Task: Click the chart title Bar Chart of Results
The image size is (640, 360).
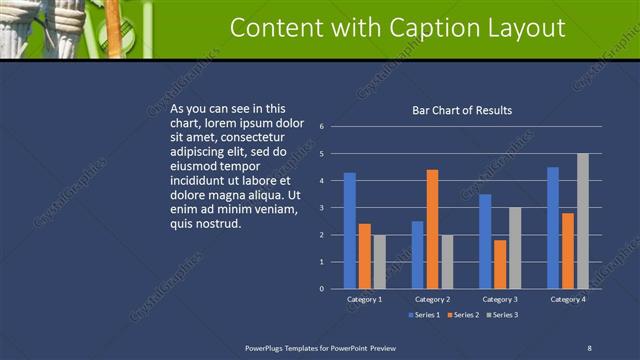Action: pyautogui.click(x=462, y=110)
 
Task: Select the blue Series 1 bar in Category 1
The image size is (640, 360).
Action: pyautogui.click(x=350, y=231)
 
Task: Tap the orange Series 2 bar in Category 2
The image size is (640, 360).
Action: pyautogui.click(x=432, y=229)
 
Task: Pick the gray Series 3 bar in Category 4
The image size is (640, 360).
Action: pyautogui.click(x=582, y=221)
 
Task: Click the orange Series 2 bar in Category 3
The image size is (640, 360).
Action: pyautogui.click(x=500, y=264)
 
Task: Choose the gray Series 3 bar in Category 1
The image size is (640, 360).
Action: pyautogui.click(x=380, y=262)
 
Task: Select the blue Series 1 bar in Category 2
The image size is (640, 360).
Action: pyautogui.click(x=417, y=255)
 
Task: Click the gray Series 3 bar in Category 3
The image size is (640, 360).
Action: pyautogui.click(x=515, y=248)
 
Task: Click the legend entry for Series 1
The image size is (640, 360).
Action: pyautogui.click(x=425, y=315)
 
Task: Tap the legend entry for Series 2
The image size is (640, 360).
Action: pyautogui.click(x=463, y=315)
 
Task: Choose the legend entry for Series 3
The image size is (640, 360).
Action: pyautogui.click(x=502, y=315)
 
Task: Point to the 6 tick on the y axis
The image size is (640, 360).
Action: pyautogui.click(x=322, y=127)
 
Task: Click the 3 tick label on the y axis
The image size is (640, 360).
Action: pyautogui.click(x=322, y=208)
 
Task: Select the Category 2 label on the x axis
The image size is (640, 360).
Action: pyautogui.click(x=432, y=299)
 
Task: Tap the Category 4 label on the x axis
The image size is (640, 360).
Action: pyautogui.click(x=567, y=299)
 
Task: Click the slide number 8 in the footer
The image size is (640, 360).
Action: pyautogui.click(x=589, y=347)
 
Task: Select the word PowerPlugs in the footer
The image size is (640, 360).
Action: pyautogui.click(x=269, y=347)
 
